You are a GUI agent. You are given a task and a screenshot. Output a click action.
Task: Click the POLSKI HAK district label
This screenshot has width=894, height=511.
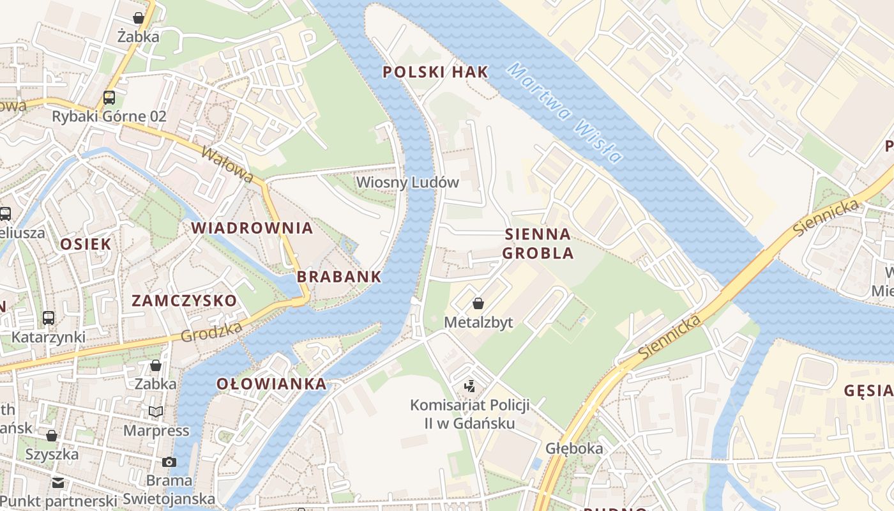tap(436, 72)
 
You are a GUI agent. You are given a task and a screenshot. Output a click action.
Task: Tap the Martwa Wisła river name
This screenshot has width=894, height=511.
tap(565, 114)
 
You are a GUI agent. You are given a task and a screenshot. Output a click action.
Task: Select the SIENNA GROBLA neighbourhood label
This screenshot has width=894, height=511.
tap(538, 243)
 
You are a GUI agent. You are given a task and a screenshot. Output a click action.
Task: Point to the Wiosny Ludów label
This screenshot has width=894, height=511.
tap(407, 182)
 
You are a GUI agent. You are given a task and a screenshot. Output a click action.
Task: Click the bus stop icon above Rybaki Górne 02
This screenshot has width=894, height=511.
tap(109, 98)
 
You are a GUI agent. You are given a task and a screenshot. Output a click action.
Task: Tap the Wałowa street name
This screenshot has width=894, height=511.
tap(227, 164)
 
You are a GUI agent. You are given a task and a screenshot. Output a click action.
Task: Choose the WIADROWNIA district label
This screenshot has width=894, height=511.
tap(252, 228)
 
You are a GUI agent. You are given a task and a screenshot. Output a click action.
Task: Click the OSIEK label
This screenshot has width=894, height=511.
tap(86, 244)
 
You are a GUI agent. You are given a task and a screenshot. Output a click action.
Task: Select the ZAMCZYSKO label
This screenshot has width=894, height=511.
tap(184, 300)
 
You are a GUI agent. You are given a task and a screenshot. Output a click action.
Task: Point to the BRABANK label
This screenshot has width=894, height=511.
tap(339, 277)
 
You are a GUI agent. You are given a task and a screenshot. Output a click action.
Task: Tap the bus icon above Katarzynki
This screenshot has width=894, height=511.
tap(49, 317)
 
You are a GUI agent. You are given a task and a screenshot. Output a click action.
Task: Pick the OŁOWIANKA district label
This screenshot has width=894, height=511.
tap(271, 384)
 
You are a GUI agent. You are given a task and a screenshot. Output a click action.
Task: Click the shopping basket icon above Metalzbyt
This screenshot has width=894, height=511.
tap(478, 303)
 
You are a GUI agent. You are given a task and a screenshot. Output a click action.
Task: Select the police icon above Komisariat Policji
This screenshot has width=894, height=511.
tap(470, 386)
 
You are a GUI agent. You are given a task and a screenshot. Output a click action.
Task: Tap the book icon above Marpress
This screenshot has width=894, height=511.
tap(156, 411)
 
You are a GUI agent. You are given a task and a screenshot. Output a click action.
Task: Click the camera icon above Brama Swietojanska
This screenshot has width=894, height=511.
tap(169, 462)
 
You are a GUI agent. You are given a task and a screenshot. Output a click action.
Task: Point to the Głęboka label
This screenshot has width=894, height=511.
tap(574, 448)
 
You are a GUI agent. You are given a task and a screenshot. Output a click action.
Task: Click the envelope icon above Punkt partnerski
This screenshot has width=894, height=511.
tap(58, 482)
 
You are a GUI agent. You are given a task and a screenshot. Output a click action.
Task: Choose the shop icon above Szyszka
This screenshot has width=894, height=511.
tap(52, 436)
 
